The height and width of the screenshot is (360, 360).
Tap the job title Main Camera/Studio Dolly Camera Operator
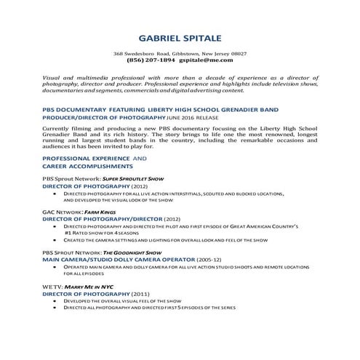[x=118, y=258]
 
